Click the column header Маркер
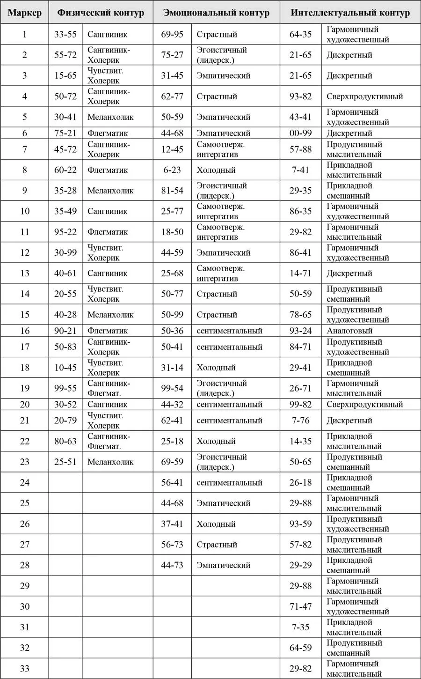tap(25, 13)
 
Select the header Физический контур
tap(101, 13)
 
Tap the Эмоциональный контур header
tap(216, 13)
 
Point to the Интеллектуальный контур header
tap(350, 13)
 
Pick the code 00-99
tap(300, 133)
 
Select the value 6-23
tap(172, 170)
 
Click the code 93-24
tap(300, 331)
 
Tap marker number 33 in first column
tap(25, 668)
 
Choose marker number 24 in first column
tap(25, 482)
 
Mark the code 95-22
tap(65, 232)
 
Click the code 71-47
tap(300, 606)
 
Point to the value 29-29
tap(300, 565)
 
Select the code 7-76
tap(300, 421)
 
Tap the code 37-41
tap(172, 524)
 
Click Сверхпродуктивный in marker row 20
tap(364, 404)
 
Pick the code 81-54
tap(172, 191)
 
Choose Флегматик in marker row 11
tap(108, 232)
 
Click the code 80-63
tap(65, 441)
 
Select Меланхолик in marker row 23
tap(110, 462)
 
